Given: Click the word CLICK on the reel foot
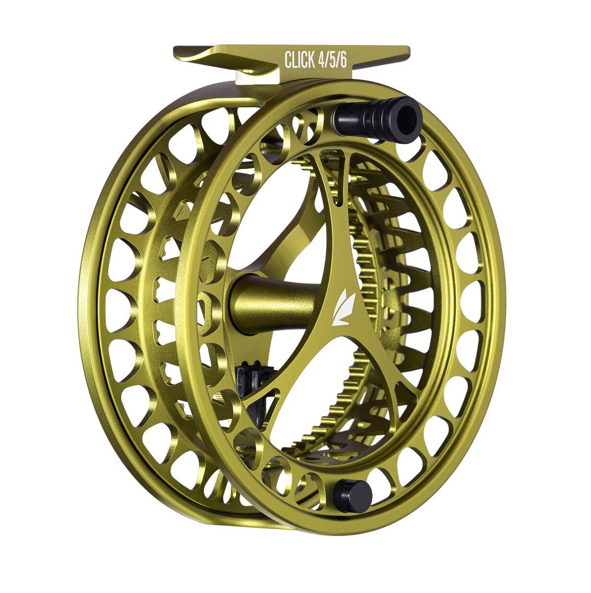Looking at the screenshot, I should click(300, 60).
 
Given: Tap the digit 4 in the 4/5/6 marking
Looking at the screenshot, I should click(323, 60).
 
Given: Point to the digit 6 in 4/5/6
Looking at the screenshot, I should click(343, 60).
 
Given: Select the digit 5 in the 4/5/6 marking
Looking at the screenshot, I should click(333, 60).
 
